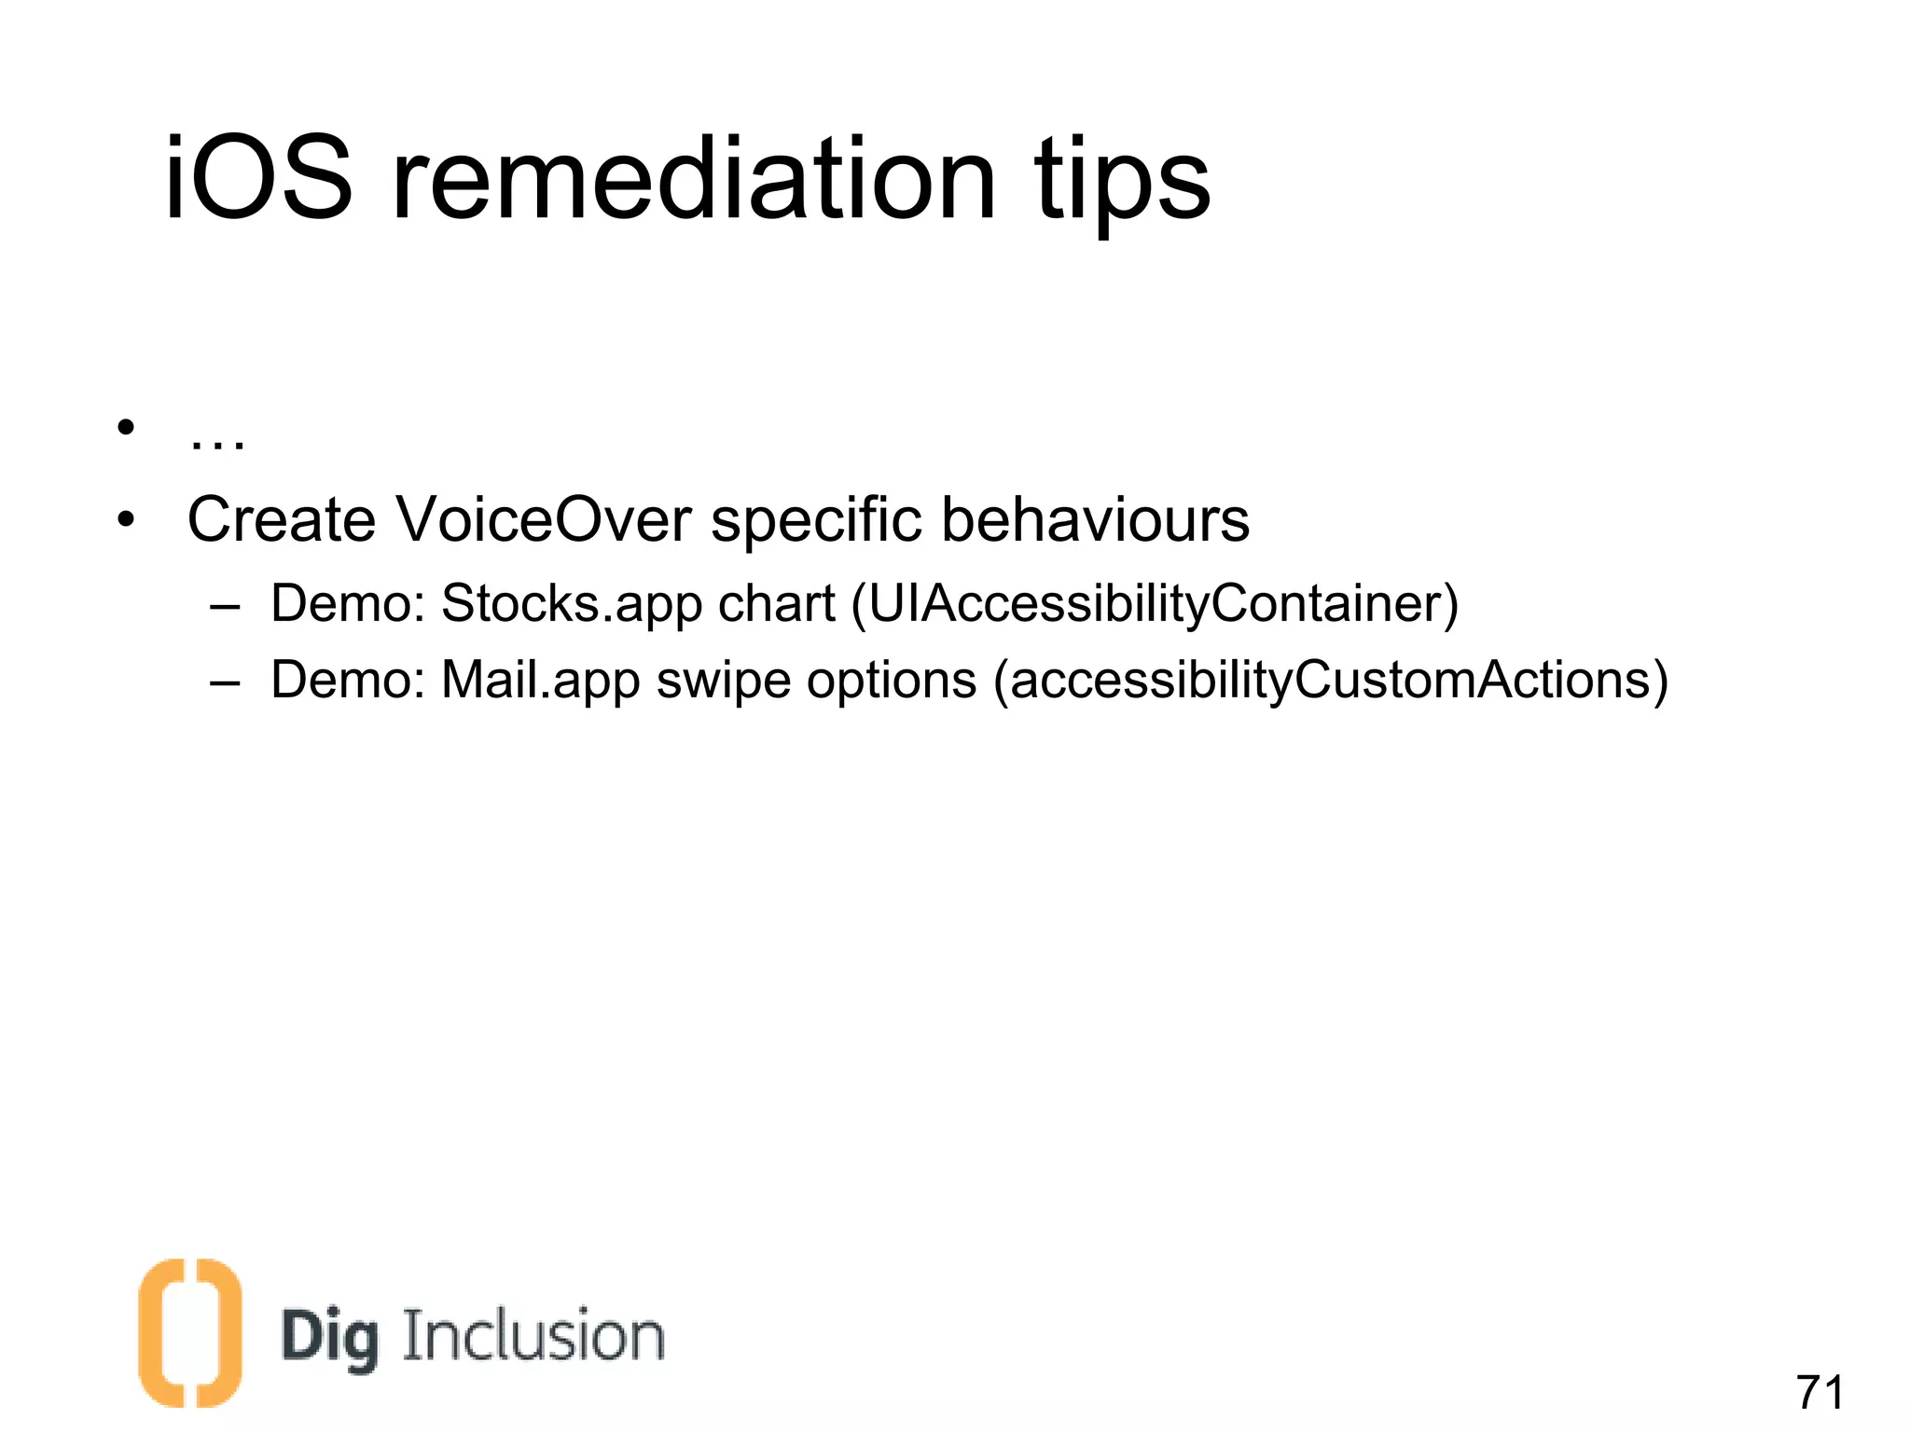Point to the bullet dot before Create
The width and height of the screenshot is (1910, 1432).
[126, 518]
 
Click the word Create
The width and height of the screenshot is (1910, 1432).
[281, 519]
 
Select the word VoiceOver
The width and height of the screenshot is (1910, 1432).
[544, 519]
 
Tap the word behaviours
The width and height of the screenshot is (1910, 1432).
[1095, 519]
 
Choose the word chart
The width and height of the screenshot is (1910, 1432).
[776, 604]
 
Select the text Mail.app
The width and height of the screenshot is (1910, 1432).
[540, 680]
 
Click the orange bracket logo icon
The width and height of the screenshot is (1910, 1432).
[190, 1332]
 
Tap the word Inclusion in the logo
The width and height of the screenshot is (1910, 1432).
[533, 1335]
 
